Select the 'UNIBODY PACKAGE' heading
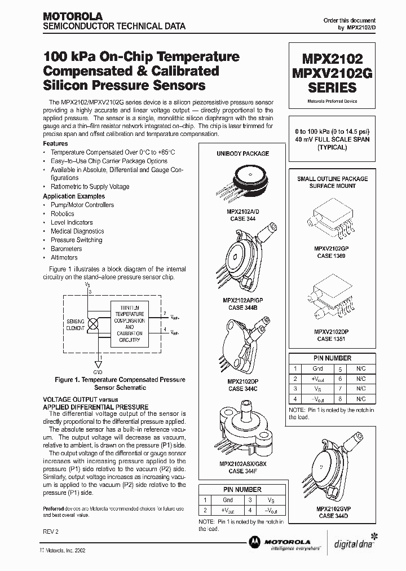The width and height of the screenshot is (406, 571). coord(242,153)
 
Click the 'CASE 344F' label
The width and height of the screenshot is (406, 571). coord(243,471)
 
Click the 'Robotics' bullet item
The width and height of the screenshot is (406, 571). coord(62,214)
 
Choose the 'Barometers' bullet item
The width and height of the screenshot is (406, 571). coord(66,249)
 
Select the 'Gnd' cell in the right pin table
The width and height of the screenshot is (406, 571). coord(319,368)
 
